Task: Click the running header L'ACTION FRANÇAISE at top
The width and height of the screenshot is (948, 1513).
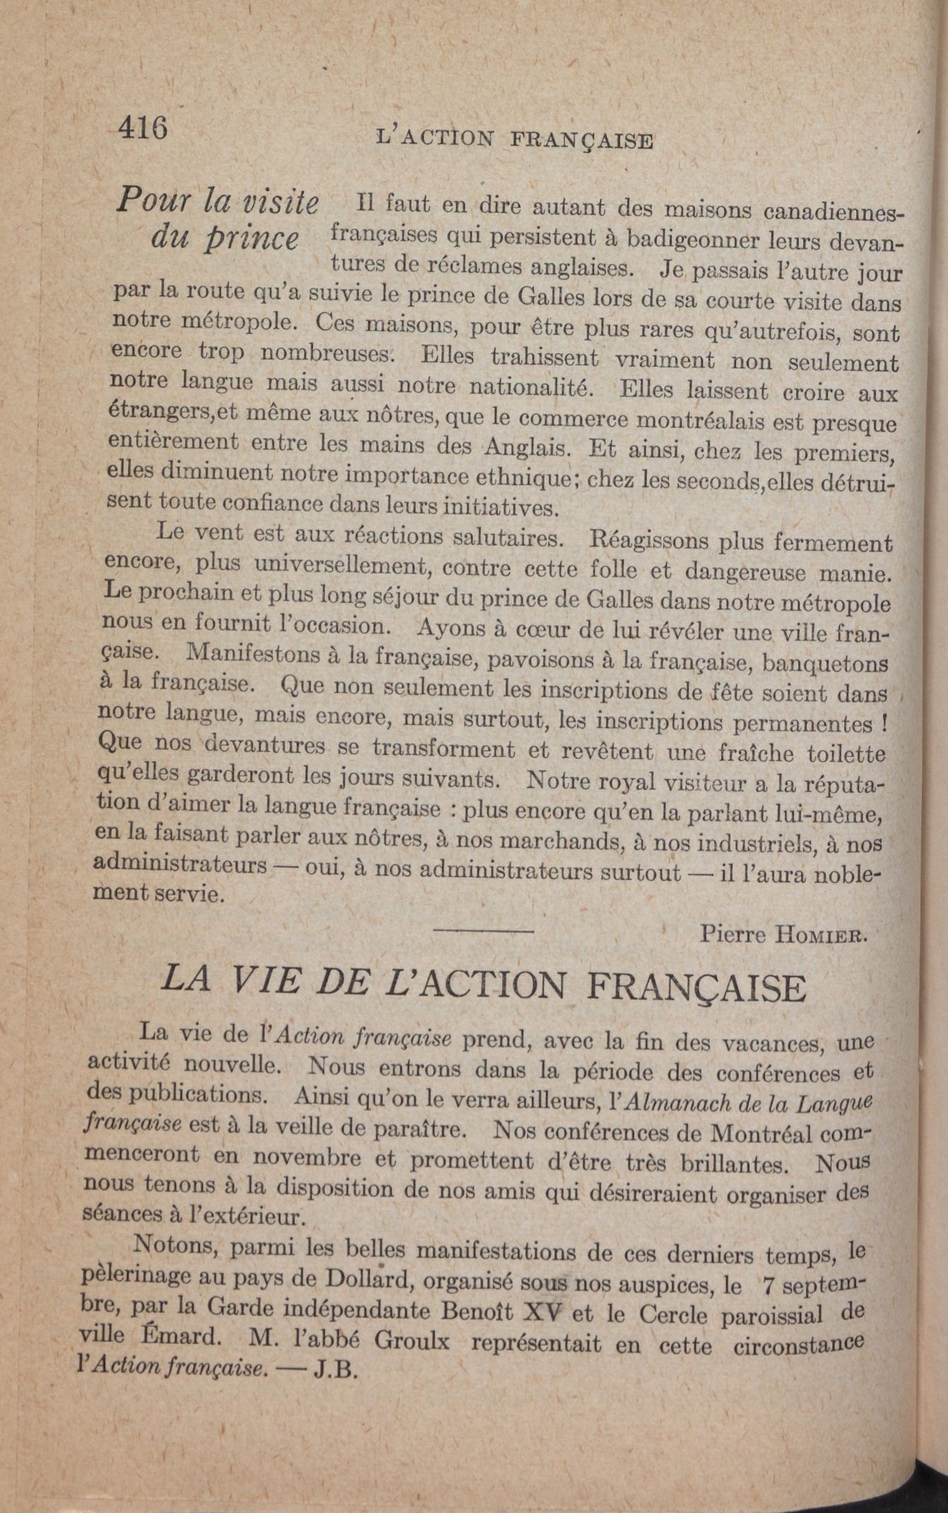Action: coord(516,139)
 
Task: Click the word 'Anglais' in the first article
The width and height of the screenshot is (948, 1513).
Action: coord(524,448)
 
